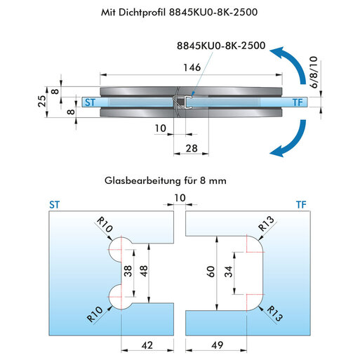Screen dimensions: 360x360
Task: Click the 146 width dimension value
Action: click(192, 67)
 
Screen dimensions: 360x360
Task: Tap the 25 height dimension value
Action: click(42, 101)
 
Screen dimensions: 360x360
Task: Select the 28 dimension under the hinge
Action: click(192, 148)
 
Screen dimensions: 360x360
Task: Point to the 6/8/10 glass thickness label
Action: click(314, 72)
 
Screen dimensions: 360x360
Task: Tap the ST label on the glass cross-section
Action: click(90, 102)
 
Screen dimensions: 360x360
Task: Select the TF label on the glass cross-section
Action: click(298, 102)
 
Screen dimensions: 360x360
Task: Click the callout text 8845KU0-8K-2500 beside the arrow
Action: click(221, 46)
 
